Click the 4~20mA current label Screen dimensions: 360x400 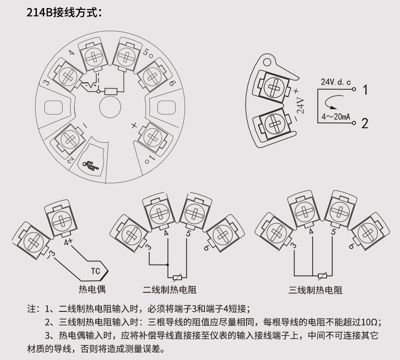[335, 117]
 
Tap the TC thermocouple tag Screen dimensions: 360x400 [95, 271]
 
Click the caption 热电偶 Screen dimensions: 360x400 [92, 290]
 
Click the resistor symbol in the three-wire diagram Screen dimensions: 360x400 [322, 276]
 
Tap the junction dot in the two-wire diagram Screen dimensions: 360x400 [168, 265]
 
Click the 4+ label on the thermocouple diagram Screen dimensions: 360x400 [68, 242]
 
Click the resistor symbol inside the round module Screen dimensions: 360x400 [111, 91]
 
